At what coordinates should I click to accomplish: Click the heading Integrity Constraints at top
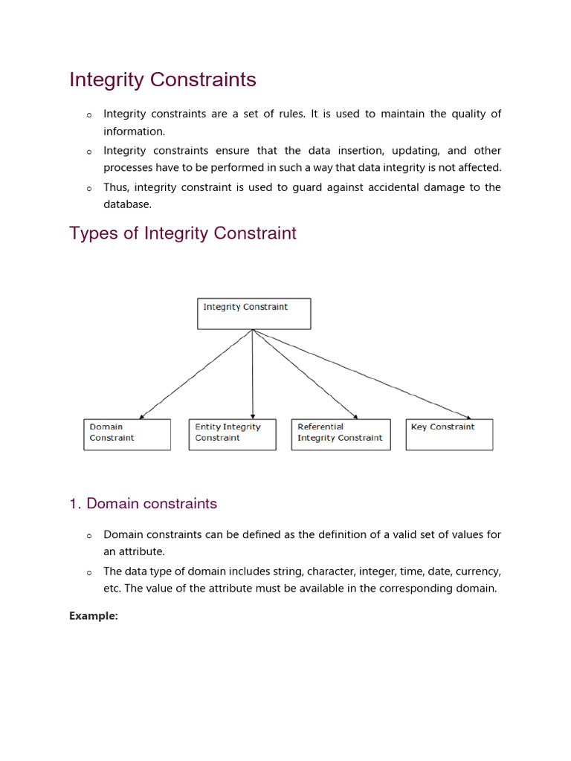click(x=163, y=80)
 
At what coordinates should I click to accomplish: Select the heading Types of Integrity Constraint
click(x=183, y=233)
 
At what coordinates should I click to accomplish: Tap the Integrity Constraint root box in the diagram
click(x=254, y=314)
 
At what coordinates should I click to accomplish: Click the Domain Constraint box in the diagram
click(x=126, y=434)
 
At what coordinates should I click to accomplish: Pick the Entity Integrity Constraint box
click(x=232, y=434)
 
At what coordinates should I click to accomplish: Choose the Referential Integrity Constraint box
click(x=341, y=434)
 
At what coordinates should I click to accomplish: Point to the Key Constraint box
click(x=449, y=434)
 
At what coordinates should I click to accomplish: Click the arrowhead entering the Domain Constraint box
click(x=141, y=416)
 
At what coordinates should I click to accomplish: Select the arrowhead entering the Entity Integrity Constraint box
click(x=254, y=416)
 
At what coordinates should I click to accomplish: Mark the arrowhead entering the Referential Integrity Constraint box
click(x=355, y=416)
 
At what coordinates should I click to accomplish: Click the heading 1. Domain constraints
click(x=143, y=504)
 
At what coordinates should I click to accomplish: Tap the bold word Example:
click(x=94, y=616)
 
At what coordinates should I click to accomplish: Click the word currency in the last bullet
click(x=476, y=571)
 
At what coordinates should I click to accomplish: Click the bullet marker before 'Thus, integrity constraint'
click(x=88, y=188)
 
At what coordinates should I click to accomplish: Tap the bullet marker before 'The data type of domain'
click(x=88, y=573)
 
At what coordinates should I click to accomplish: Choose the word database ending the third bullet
click(x=126, y=204)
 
